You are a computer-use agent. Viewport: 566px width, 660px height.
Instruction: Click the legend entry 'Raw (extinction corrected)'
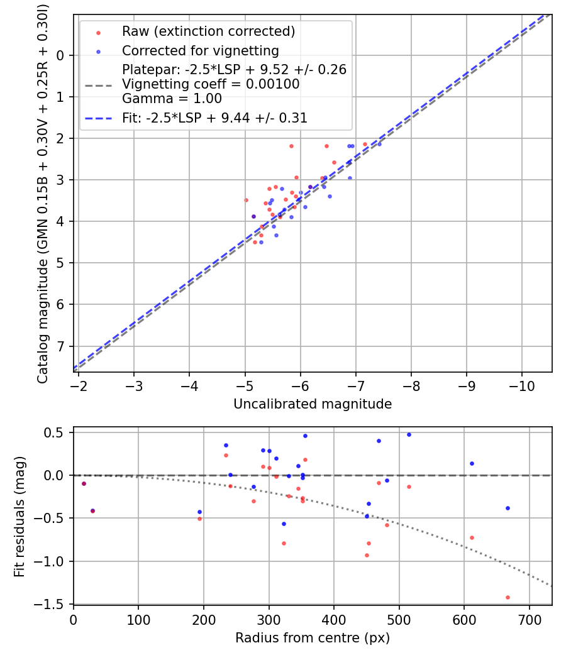[208, 31]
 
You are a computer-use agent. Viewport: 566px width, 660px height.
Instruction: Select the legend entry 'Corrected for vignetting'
[200, 50]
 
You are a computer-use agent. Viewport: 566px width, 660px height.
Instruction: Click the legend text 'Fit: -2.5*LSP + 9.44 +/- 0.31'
[214, 118]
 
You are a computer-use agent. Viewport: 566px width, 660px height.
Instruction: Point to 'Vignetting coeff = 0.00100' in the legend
[211, 84]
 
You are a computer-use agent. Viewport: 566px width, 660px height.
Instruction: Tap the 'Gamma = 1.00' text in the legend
[172, 99]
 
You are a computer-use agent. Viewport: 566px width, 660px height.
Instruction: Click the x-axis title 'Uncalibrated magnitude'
[313, 404]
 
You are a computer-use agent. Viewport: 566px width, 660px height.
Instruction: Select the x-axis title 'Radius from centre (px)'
[313, 638]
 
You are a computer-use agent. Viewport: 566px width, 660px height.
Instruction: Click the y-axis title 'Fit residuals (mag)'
[19, 516]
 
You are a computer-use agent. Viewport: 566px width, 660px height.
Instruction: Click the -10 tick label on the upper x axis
[522, 385]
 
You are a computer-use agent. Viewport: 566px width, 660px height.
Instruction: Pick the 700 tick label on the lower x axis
[529, 619]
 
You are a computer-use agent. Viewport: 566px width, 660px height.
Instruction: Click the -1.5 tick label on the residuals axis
[53, 604]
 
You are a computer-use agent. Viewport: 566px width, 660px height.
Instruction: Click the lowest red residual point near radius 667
[508, 597]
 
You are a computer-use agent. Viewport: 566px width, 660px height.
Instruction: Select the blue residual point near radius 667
[508, 508]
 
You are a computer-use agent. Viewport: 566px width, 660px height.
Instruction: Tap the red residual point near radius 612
[472, 537]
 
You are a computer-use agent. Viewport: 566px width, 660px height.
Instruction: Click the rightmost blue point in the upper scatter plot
[379, 144]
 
